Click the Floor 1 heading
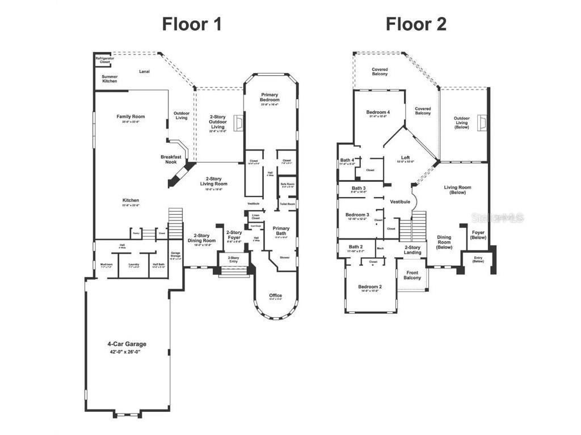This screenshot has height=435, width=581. (191, 24)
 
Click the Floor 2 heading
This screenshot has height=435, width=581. (416, 24)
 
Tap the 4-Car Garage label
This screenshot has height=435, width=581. (127, 344)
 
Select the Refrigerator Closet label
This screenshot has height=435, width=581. (103, 60)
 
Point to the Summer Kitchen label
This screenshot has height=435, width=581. (110, 79)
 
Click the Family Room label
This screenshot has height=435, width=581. (130, 117)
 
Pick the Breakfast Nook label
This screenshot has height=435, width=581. (171, 160)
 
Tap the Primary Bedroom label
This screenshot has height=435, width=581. (270, 97)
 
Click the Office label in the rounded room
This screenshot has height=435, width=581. (275, 296)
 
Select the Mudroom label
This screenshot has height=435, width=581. (106, 265)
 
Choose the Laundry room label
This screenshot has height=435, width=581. (134, 265)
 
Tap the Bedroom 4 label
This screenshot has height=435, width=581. (378, 112)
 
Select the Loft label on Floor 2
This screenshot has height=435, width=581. (405, 158)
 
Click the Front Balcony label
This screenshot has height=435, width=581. (412, 275)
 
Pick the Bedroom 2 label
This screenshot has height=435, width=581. (370, 287)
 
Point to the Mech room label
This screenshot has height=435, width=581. (380, 248)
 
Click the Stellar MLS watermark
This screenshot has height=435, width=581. (499, 217)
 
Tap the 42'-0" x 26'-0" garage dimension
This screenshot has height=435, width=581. (127, 352)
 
